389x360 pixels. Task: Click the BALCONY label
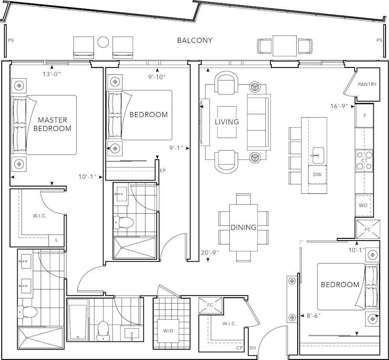click(195, 41)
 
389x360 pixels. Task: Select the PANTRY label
click(367, 84)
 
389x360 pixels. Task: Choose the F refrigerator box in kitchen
click(365, 116)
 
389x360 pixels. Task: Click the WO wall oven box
click(363, 205)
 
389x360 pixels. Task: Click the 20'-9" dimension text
click(210, 253)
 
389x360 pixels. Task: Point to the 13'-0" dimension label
click(51, 74)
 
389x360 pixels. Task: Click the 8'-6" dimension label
click(314, 316)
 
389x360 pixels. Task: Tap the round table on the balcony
click(103, 42)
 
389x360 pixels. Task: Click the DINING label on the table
click(243, 227)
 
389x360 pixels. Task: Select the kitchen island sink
click(318, 153)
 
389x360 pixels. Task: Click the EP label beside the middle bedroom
click(163, 170)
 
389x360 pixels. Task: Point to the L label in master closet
click(56, 239)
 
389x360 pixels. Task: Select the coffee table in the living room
click(227, 122)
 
